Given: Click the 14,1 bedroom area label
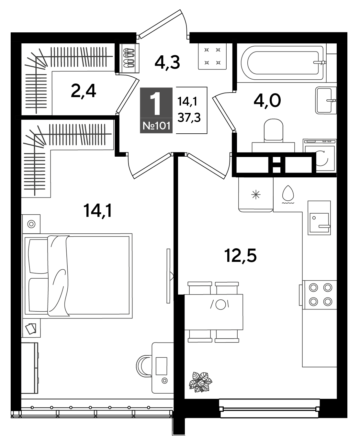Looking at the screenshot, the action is point(98,210).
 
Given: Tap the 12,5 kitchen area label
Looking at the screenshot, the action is point(240,256).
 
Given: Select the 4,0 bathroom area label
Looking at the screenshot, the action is point(267,101).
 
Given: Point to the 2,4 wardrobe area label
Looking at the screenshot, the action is point(83,91).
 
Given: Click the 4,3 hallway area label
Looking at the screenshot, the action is point(167,62).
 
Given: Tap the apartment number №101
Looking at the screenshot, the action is point(156,126).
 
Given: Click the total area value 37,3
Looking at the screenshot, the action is point(189,118).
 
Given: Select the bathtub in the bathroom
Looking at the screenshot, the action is point(283,63).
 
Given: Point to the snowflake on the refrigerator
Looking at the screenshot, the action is point(256,195).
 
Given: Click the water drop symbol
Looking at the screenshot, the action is point(288,194).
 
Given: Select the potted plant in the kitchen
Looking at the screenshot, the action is point(201,382).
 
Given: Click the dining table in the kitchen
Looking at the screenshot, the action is point(214,312).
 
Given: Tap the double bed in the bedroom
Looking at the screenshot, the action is point(77,276).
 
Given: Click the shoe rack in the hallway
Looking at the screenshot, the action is point(129,58).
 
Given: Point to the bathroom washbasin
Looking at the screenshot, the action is point(326,100).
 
